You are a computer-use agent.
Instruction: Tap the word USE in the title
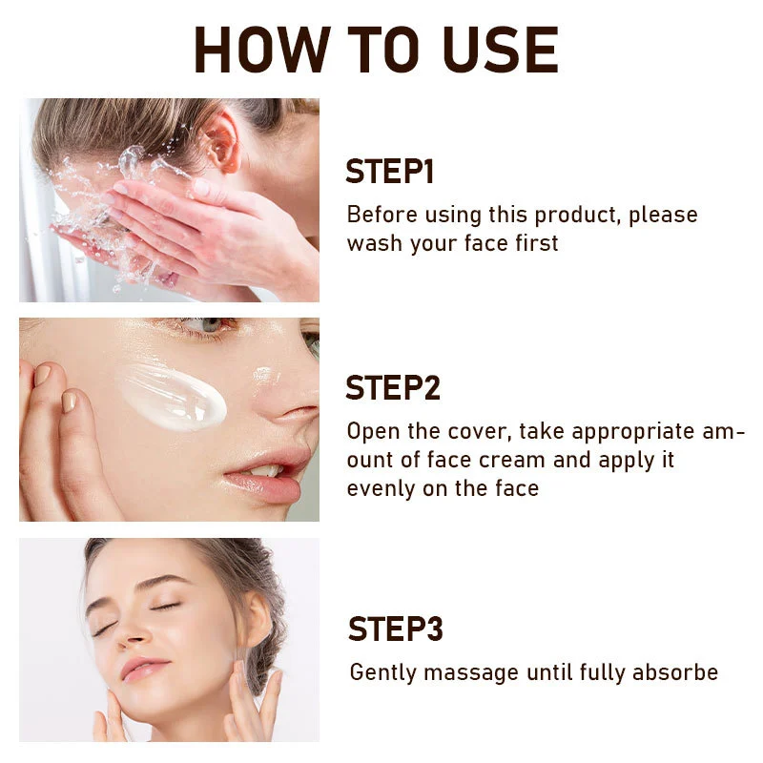point(501,50)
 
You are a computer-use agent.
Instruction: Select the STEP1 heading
point(389,172)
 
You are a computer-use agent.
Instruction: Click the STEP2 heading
point(393,387)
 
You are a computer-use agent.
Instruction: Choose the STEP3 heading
point(396,629)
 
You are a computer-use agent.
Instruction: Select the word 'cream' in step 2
point(512,461)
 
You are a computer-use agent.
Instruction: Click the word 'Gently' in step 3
point(383,673)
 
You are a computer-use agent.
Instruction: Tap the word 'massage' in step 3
point(471,673)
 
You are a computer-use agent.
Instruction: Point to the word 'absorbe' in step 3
point(675,672)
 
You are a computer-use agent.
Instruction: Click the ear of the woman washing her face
point(221,140)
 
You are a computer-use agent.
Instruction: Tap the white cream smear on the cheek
point(173,397)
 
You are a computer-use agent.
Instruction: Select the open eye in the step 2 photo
point(204,325)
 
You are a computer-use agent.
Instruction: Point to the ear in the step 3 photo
point(255,621)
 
